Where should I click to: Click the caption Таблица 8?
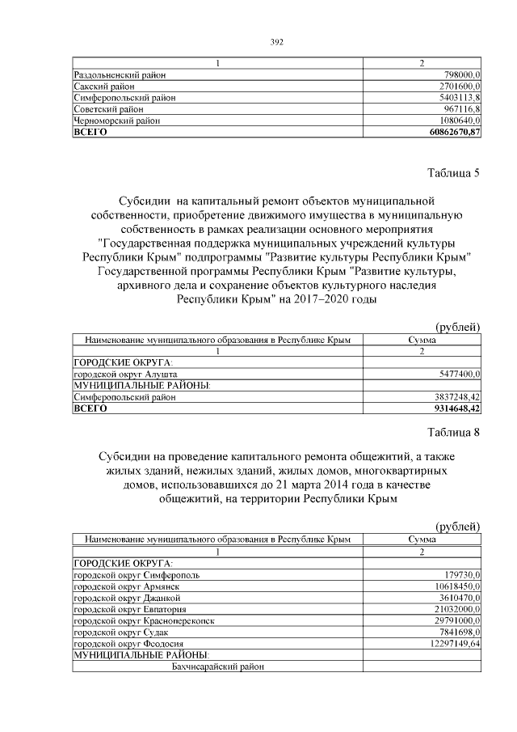coord(452,432)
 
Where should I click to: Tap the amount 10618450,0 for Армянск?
coord(458,586)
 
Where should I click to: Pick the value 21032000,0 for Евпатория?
coord(458,609)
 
